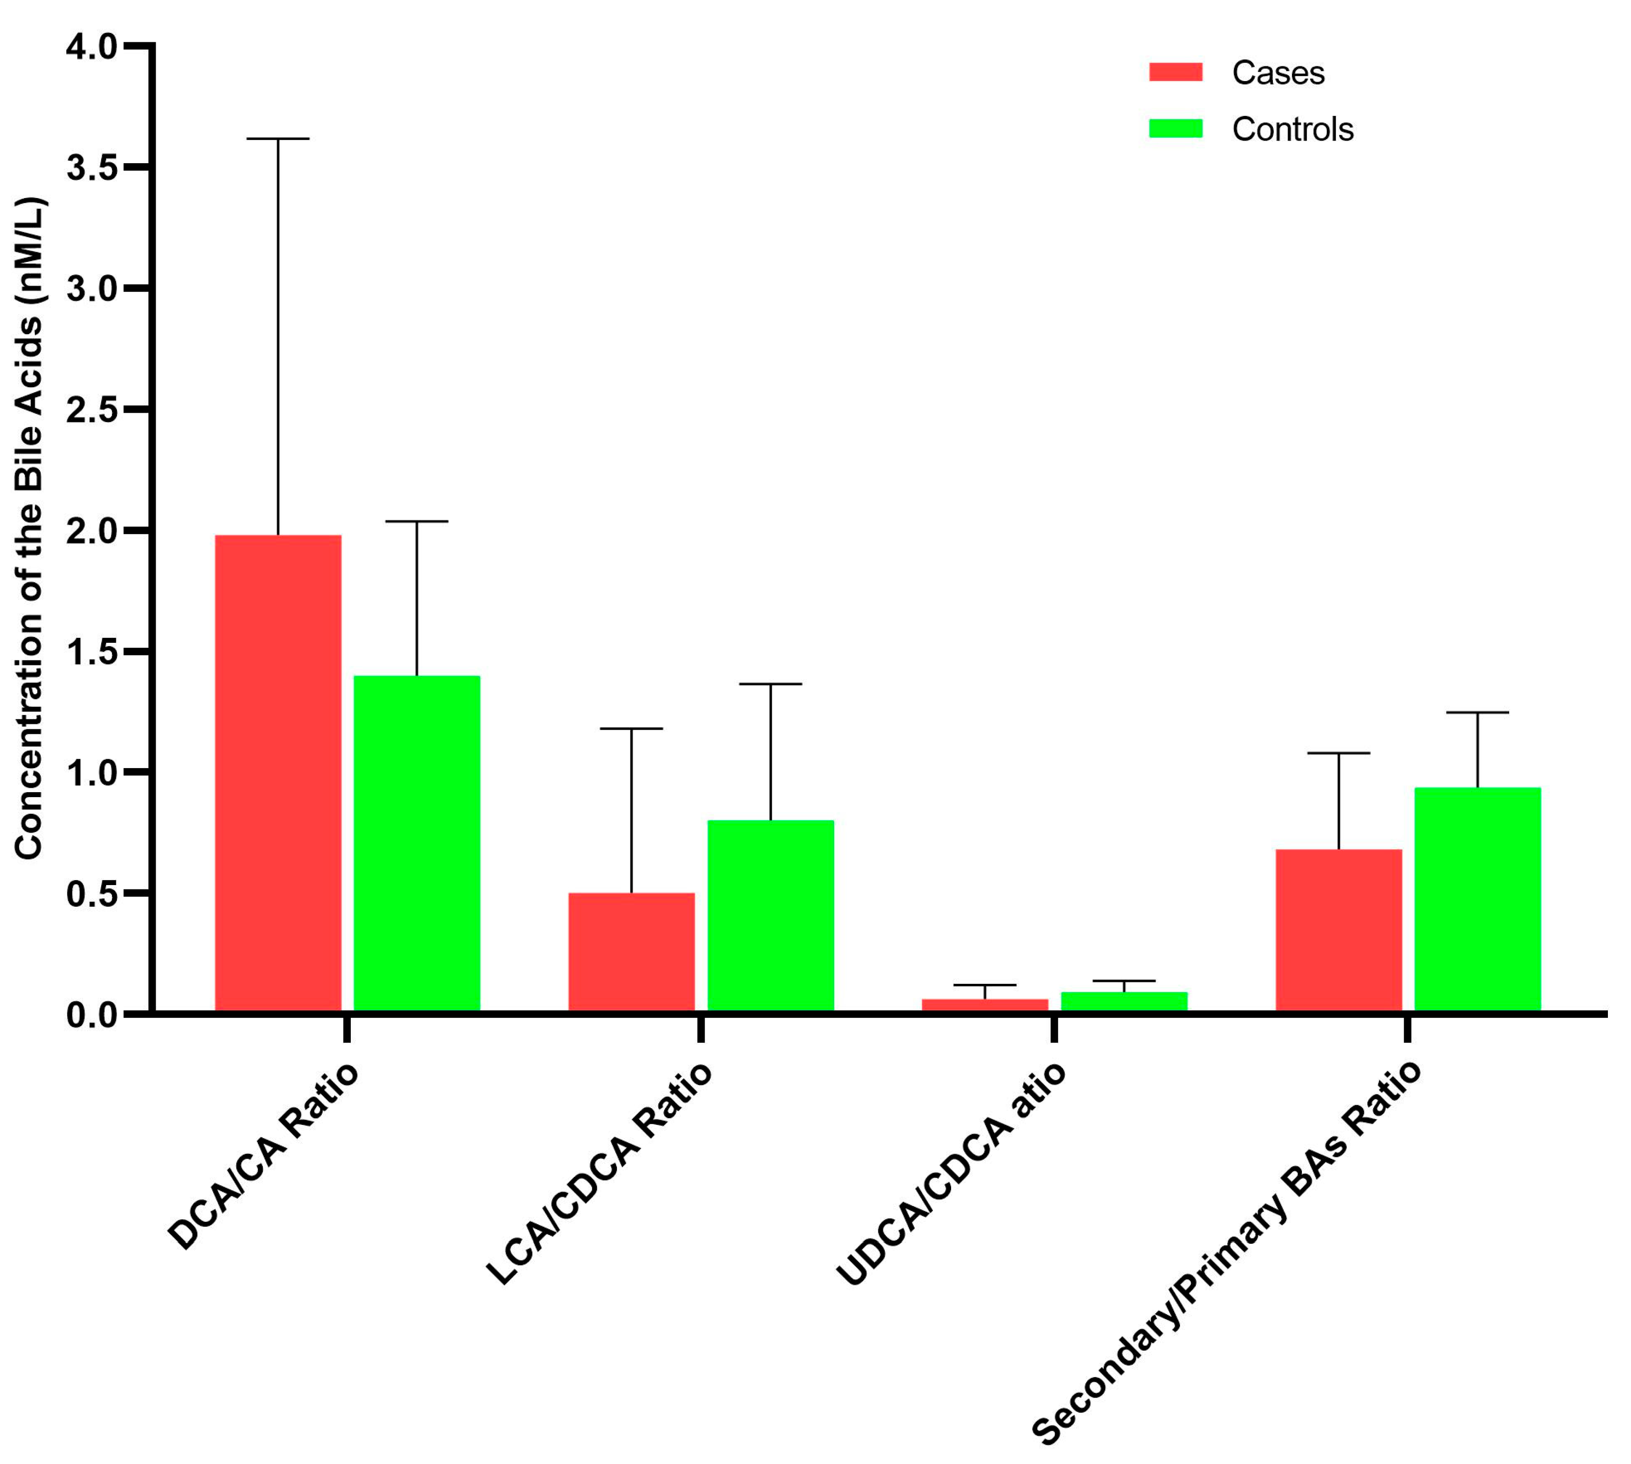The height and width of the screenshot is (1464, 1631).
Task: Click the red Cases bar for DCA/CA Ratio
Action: pos(278,772)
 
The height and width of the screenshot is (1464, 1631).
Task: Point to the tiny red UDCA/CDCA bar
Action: pos(984,1005)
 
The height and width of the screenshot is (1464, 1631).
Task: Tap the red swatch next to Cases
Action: pos(1175,72)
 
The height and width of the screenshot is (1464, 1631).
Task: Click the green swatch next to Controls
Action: pos(1175,129)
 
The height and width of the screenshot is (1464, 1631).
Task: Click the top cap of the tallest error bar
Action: pos(278,139)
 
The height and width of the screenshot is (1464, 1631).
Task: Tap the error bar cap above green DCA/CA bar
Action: pos(417,521)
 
